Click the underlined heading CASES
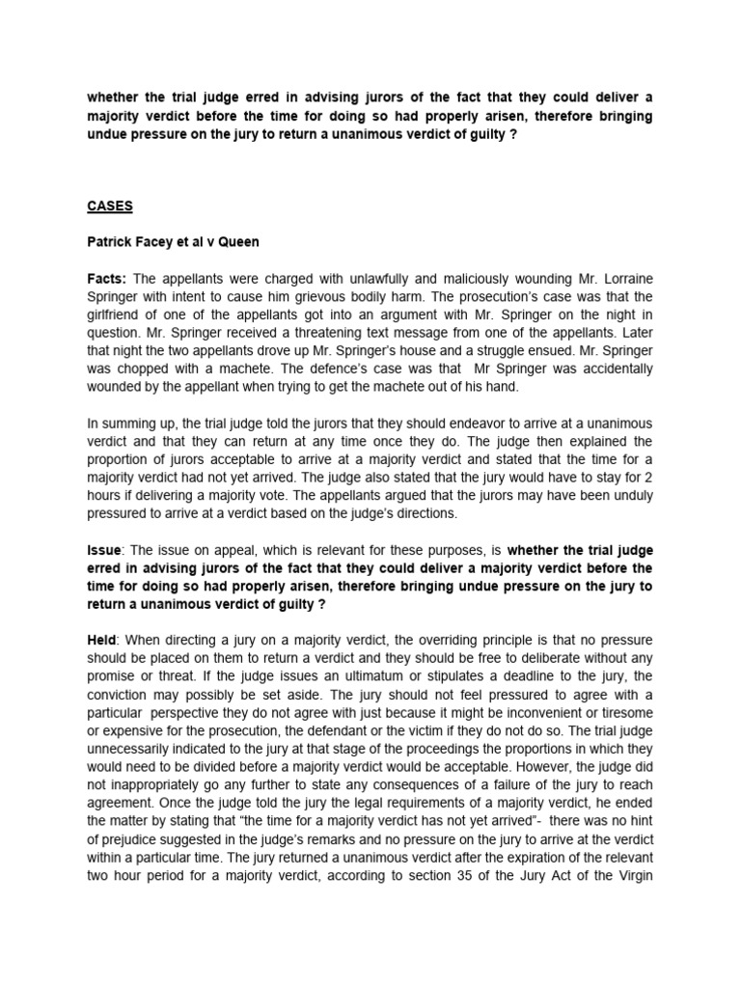pyautogui.click(x=110, y=206)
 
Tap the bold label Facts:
pyautogui.click(x=109, y=278)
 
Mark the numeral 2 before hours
pyautogui.click(x=647, y=478)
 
